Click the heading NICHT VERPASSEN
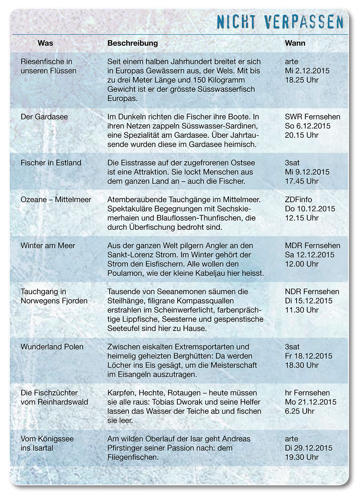click(280, 22)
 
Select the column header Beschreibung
click(133, 43)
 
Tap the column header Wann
click(295, 43)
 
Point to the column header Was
click(45, 43)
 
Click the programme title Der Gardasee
click(44, 117)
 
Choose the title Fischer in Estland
click(51, 163)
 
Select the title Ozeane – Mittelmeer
click(56, 200)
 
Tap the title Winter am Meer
click(48, 246)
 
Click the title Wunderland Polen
click(52, 347)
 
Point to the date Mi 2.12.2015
click(307, 71)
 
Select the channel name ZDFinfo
click(298, 200)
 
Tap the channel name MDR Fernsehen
click(312, 246)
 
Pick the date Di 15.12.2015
click(309, 301)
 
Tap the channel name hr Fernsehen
click(307, 393)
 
